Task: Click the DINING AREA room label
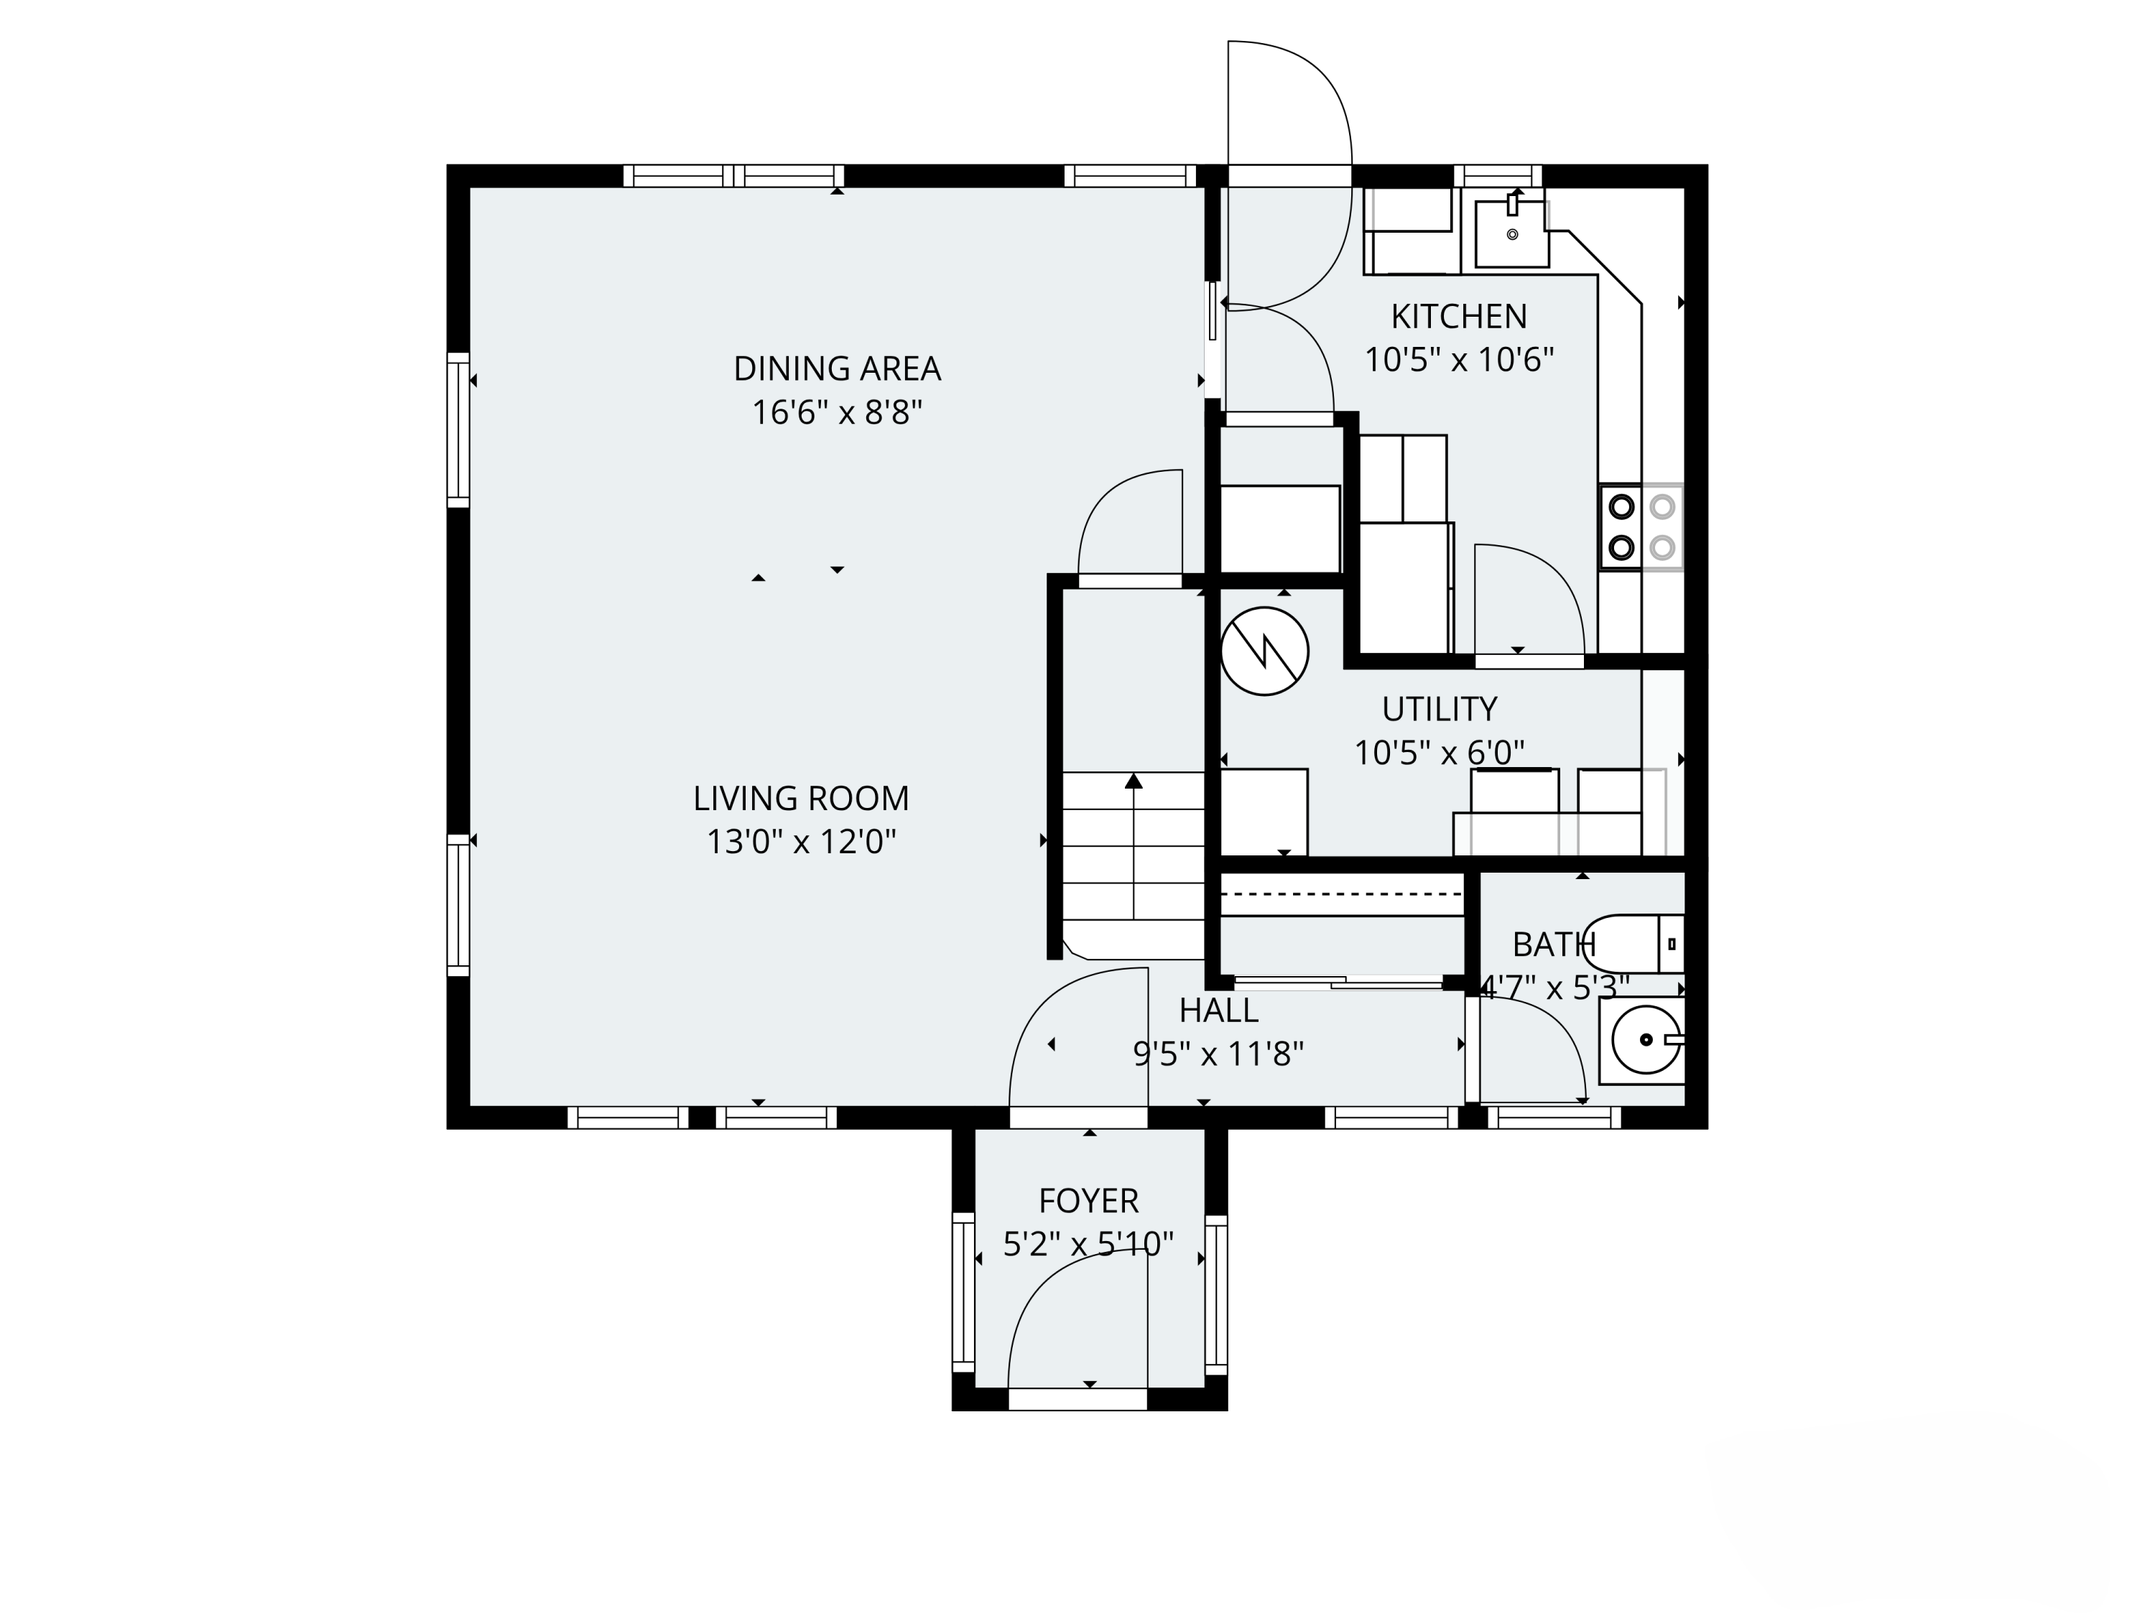[x=837, y=369]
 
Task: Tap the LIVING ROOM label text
[x=801, y=799]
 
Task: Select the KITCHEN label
[x=1458, y=317]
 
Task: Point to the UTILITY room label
[x=1439, y=709]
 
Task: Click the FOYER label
[x=1088, y=1201]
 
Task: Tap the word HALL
[x=1219, y=1011]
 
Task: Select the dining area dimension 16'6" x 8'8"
[x=837, y=413]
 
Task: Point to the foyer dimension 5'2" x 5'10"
[x=1088, y=1245]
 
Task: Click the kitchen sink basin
[x=1512, y=233]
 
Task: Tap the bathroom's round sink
[x=1646, y=1040]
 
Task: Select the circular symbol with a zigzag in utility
[x=1264, y=651]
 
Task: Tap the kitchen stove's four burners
[x=1641, y=527]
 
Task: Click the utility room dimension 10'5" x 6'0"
[x=1439, y=753]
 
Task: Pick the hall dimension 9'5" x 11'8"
[x=1219, y=1054]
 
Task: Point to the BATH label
[x=1554, y=945]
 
